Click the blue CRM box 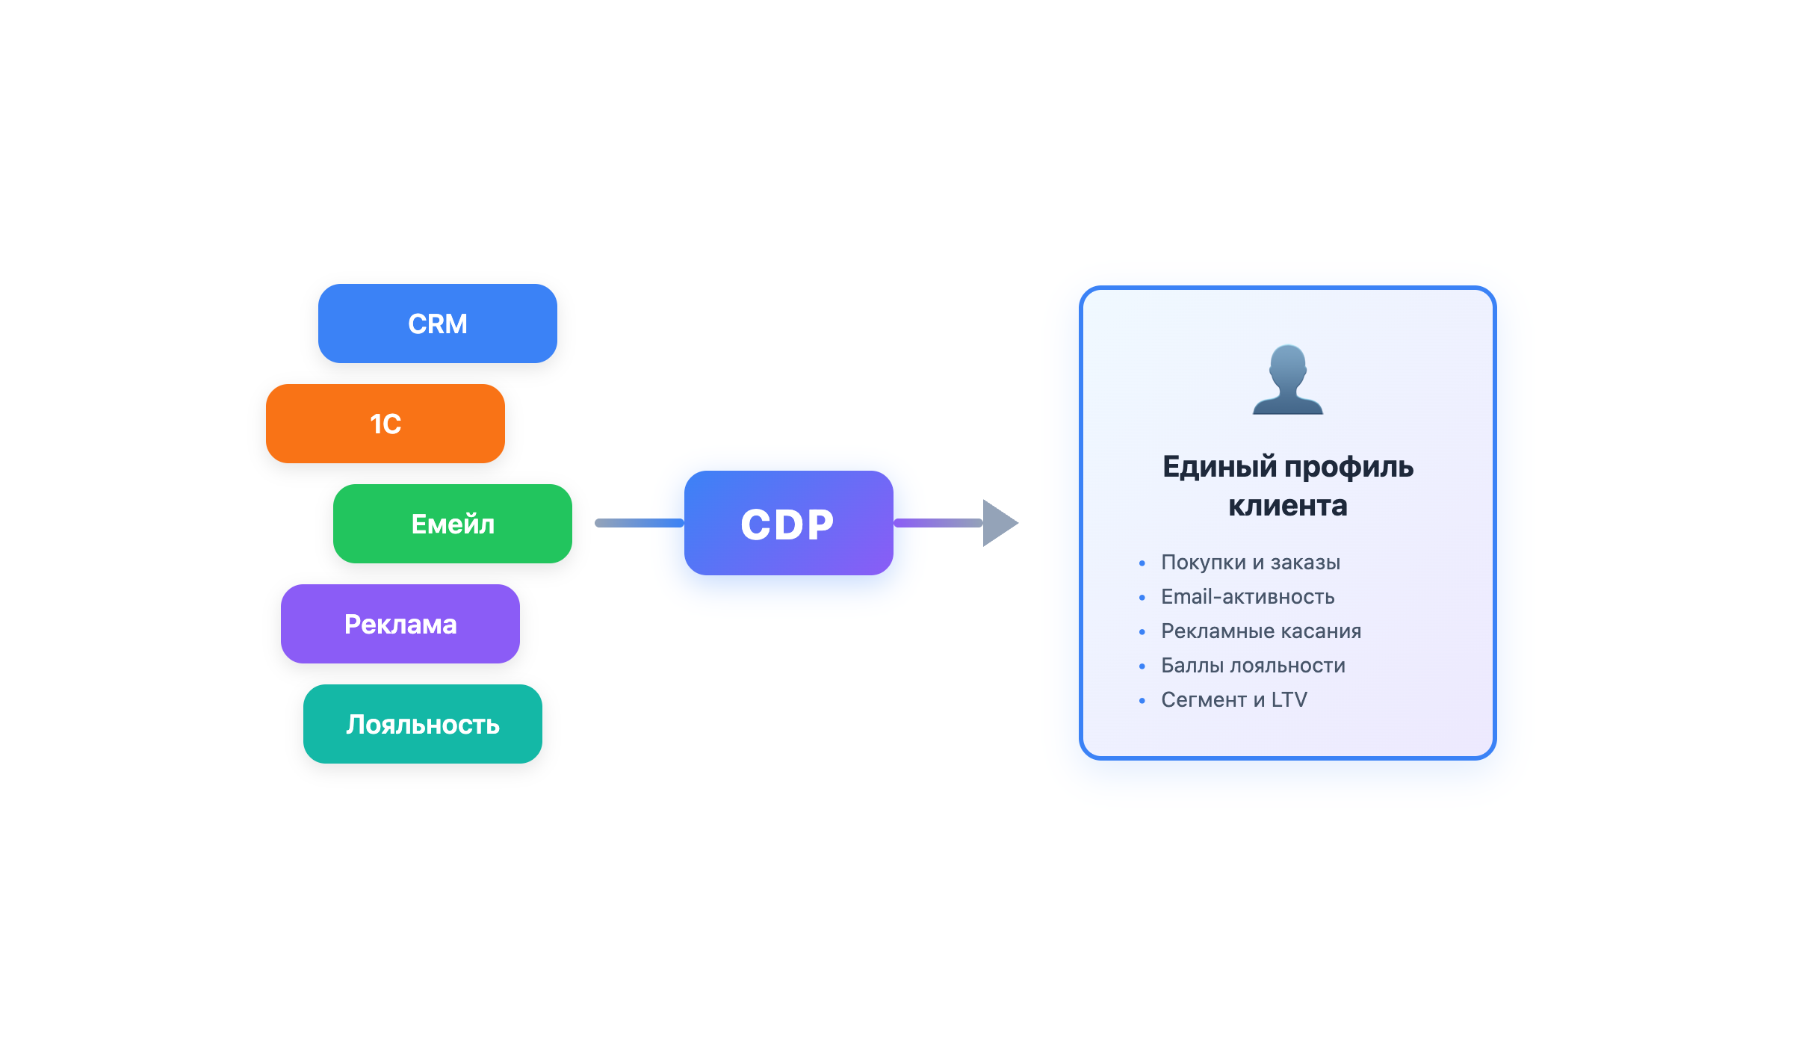click(x=438, y=324)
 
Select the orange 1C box click(x=385, y=424)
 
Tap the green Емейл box click(x=453, y=524)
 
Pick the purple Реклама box click(x=400, y=624)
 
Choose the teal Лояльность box click(x=423, y=724)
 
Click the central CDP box click(x=788, y=523)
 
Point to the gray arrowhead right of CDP click(x=998, y=523)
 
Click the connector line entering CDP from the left click(x=639, y=523)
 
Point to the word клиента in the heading click(x=1287, y=506)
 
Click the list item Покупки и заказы click(x=1250, y=563)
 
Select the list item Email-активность click(x=1247, y=597)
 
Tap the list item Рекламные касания click(x=1260, y=631)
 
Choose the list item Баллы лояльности click(x=1252, y=666)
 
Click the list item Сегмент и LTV click(x=1233, y=700)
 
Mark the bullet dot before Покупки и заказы click(x=1142, y=563)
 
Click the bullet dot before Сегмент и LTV click(x=1142, y=701)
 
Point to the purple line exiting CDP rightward click(x=938, y=523)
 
